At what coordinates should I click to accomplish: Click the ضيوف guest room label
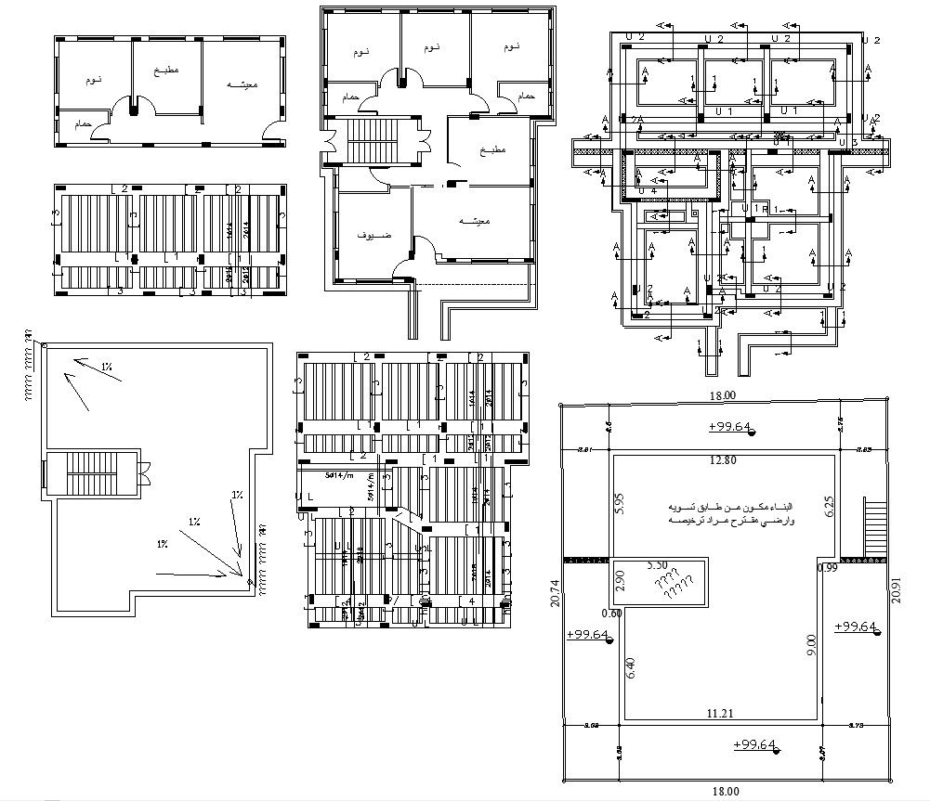coord(374,236)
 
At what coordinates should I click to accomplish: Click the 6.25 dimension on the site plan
coord(829,507)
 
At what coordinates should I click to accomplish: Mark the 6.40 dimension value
coord(631,669)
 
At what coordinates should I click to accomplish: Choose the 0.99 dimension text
coord(828,567)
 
